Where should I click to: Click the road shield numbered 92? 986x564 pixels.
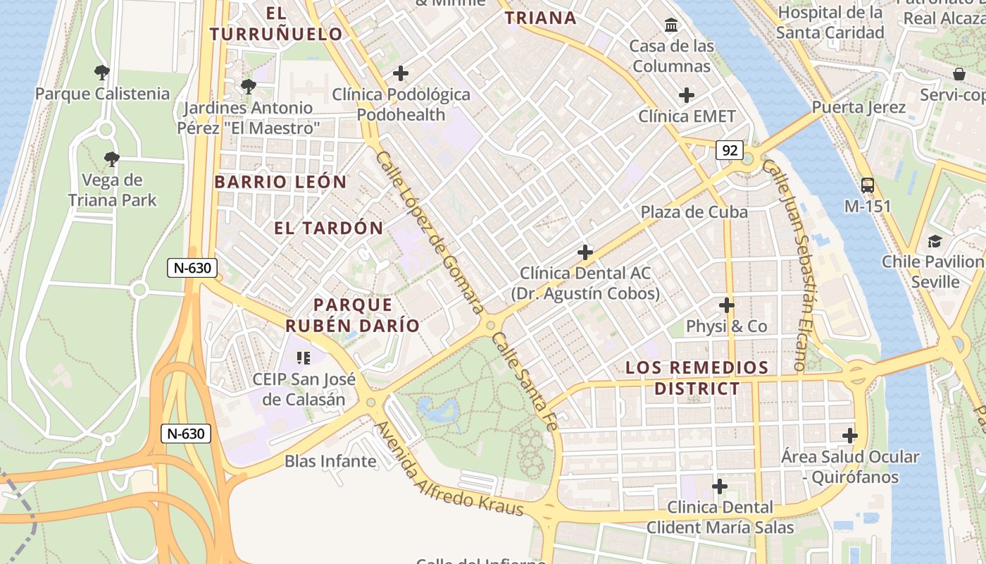tap(730, 149)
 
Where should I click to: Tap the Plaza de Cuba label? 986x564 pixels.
tap(694, 212)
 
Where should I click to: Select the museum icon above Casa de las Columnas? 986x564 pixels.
tap(671, 26)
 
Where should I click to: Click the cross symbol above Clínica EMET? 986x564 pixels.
tap(687, 95)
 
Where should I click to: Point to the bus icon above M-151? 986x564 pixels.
tap(868, 185)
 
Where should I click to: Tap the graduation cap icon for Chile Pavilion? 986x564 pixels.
tap(934, 241)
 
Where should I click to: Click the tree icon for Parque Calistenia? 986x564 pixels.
tap(102, 72)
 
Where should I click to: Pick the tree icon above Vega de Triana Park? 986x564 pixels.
tap(111, 159)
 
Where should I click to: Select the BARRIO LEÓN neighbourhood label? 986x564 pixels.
tap(280, 182)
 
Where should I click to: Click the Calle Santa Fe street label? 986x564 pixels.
tap(525, 381)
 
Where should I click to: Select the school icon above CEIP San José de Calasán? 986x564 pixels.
tap(304, 358)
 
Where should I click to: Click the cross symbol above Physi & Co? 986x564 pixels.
tap(727, 305)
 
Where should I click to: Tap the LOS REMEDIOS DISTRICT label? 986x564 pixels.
tap(697, 378)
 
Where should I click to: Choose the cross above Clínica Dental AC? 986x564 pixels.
tap(585, 252)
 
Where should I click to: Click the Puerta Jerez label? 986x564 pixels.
tap(858, 108)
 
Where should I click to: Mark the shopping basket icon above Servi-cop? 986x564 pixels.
tap(959, 74)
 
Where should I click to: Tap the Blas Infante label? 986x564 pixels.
tap(330, 462)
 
